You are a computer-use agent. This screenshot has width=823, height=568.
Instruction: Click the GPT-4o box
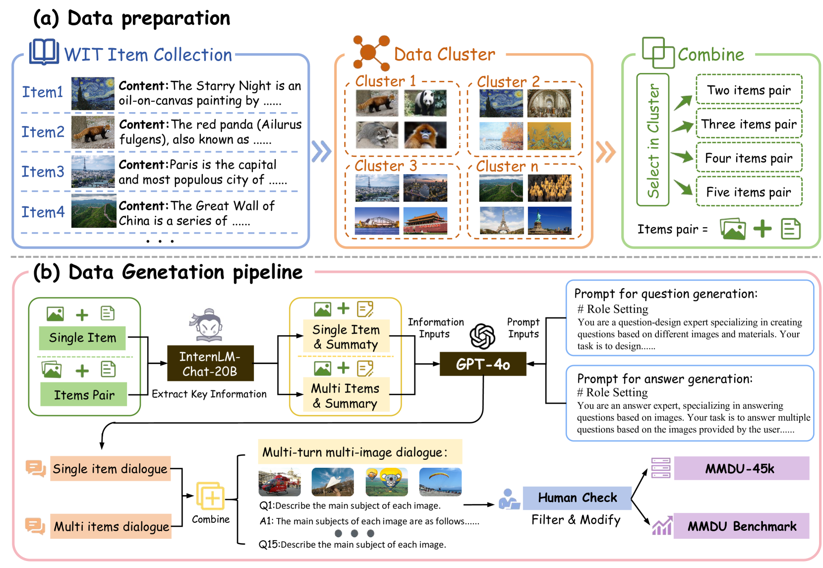coord(482,364)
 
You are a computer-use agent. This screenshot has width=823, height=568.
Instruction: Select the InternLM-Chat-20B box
coord(210,364)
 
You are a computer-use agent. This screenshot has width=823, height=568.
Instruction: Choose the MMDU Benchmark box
coord(741,526)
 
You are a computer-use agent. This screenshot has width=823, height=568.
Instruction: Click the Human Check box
coord(577,498)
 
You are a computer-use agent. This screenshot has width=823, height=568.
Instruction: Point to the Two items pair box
coord(749,90)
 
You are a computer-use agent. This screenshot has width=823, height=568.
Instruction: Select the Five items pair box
coord(749,192)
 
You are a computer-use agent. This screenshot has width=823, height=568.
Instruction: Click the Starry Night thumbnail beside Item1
coord(93,93)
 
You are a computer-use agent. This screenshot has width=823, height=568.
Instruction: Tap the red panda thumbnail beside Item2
coord(93,132)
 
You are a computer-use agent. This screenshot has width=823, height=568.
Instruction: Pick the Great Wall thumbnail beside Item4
coord(94,211)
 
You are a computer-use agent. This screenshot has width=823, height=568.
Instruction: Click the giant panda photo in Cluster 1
coord(425,103)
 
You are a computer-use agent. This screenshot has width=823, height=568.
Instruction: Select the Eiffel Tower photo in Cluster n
coord(501,220)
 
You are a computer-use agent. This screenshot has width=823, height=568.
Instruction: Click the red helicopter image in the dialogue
coord(280,482)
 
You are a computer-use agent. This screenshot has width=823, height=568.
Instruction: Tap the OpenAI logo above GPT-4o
coord(482,336)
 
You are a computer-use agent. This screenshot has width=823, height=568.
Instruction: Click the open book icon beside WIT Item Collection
coord(44,52)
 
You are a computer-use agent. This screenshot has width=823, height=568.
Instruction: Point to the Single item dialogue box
coord(110,469)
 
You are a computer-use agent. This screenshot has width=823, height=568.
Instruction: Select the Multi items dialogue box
coord(112,526)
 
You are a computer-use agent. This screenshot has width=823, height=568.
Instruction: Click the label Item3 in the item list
coord(43,172)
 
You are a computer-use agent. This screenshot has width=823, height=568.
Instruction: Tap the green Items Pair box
coord(84,394)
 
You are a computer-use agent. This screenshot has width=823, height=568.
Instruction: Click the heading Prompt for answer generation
coord(664,379)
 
